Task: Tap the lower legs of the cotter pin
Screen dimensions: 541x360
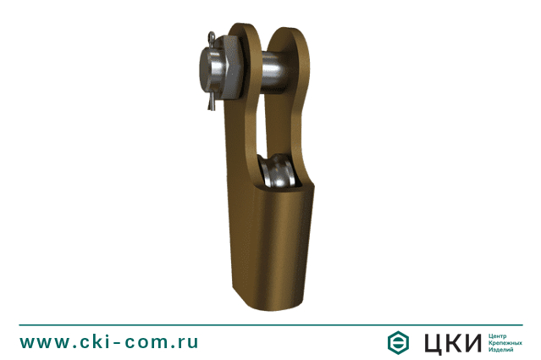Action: pos(211,102)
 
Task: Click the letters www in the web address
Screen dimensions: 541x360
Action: pos(45,342)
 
